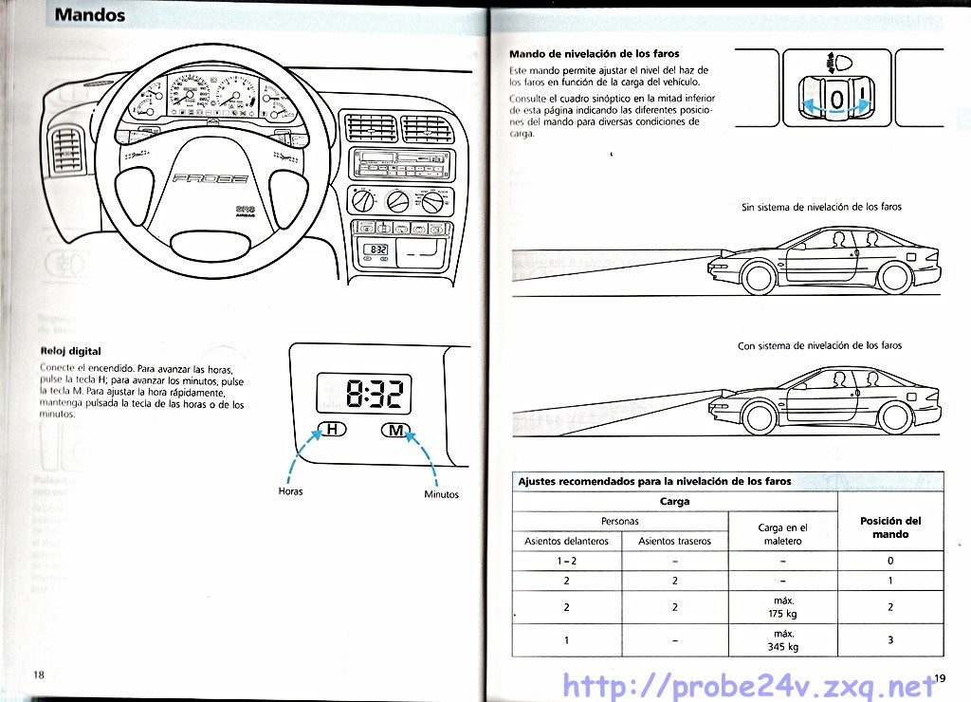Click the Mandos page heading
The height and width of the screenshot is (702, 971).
(90, 15)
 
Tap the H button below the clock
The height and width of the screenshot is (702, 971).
(331, 430)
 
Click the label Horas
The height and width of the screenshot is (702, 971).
(290, 491)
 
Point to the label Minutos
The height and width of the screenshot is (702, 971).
(441, 494)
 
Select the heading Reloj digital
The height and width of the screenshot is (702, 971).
(70, 351)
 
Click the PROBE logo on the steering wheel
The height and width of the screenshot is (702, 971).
(210, 178)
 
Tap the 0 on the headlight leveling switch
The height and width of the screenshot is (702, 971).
(835, 100)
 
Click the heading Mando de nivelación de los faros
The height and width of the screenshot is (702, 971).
(594, 54)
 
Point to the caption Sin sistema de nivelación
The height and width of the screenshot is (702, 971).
(821, 207)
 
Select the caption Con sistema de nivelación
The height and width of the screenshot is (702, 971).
(819, 345)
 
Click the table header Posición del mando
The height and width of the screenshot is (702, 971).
(889, 527)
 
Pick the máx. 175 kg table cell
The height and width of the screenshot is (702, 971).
(782, 607)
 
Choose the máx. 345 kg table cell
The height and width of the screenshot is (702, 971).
(782, 640)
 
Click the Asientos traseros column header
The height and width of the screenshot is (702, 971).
(674, 542)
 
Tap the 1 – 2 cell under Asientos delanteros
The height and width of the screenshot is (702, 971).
(567, 562)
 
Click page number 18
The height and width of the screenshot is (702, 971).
(39, 674)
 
